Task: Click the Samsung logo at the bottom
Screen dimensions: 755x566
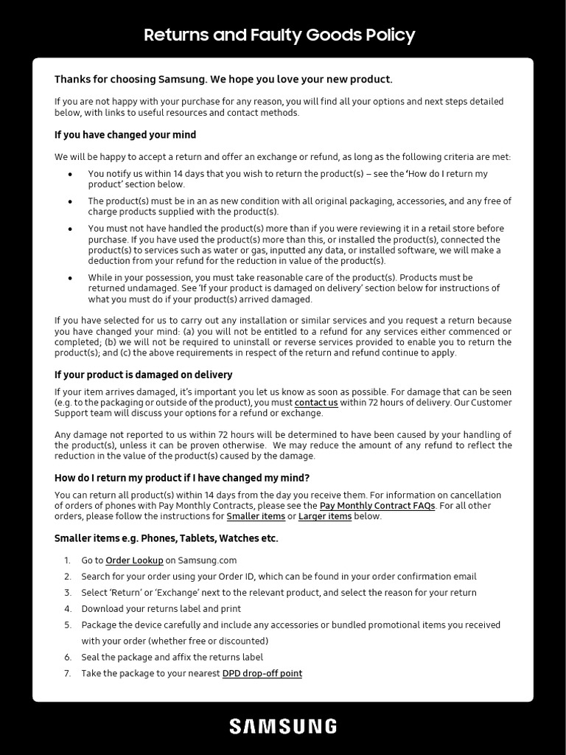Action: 283,726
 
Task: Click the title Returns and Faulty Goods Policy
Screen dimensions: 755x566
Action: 279,35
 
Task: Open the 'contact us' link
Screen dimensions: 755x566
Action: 316,403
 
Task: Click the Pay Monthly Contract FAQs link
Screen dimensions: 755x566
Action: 377,506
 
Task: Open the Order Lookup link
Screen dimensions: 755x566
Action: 134,560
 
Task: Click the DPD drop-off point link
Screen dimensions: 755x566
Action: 262,673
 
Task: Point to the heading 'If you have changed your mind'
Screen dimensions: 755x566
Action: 125,135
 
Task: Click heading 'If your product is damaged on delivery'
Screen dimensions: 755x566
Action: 144,375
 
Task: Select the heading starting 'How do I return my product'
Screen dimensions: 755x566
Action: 182,478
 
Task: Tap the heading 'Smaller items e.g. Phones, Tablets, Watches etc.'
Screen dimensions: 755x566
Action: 167,538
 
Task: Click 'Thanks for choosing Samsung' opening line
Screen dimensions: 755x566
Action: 223,80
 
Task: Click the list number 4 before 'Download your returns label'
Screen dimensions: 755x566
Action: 67,609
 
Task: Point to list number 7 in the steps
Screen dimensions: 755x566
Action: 67,673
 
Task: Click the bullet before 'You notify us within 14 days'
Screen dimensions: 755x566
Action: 70,174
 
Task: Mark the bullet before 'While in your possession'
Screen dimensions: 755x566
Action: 70,278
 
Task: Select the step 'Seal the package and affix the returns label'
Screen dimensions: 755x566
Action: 172,657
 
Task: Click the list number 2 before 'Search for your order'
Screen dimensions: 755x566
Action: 67,577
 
